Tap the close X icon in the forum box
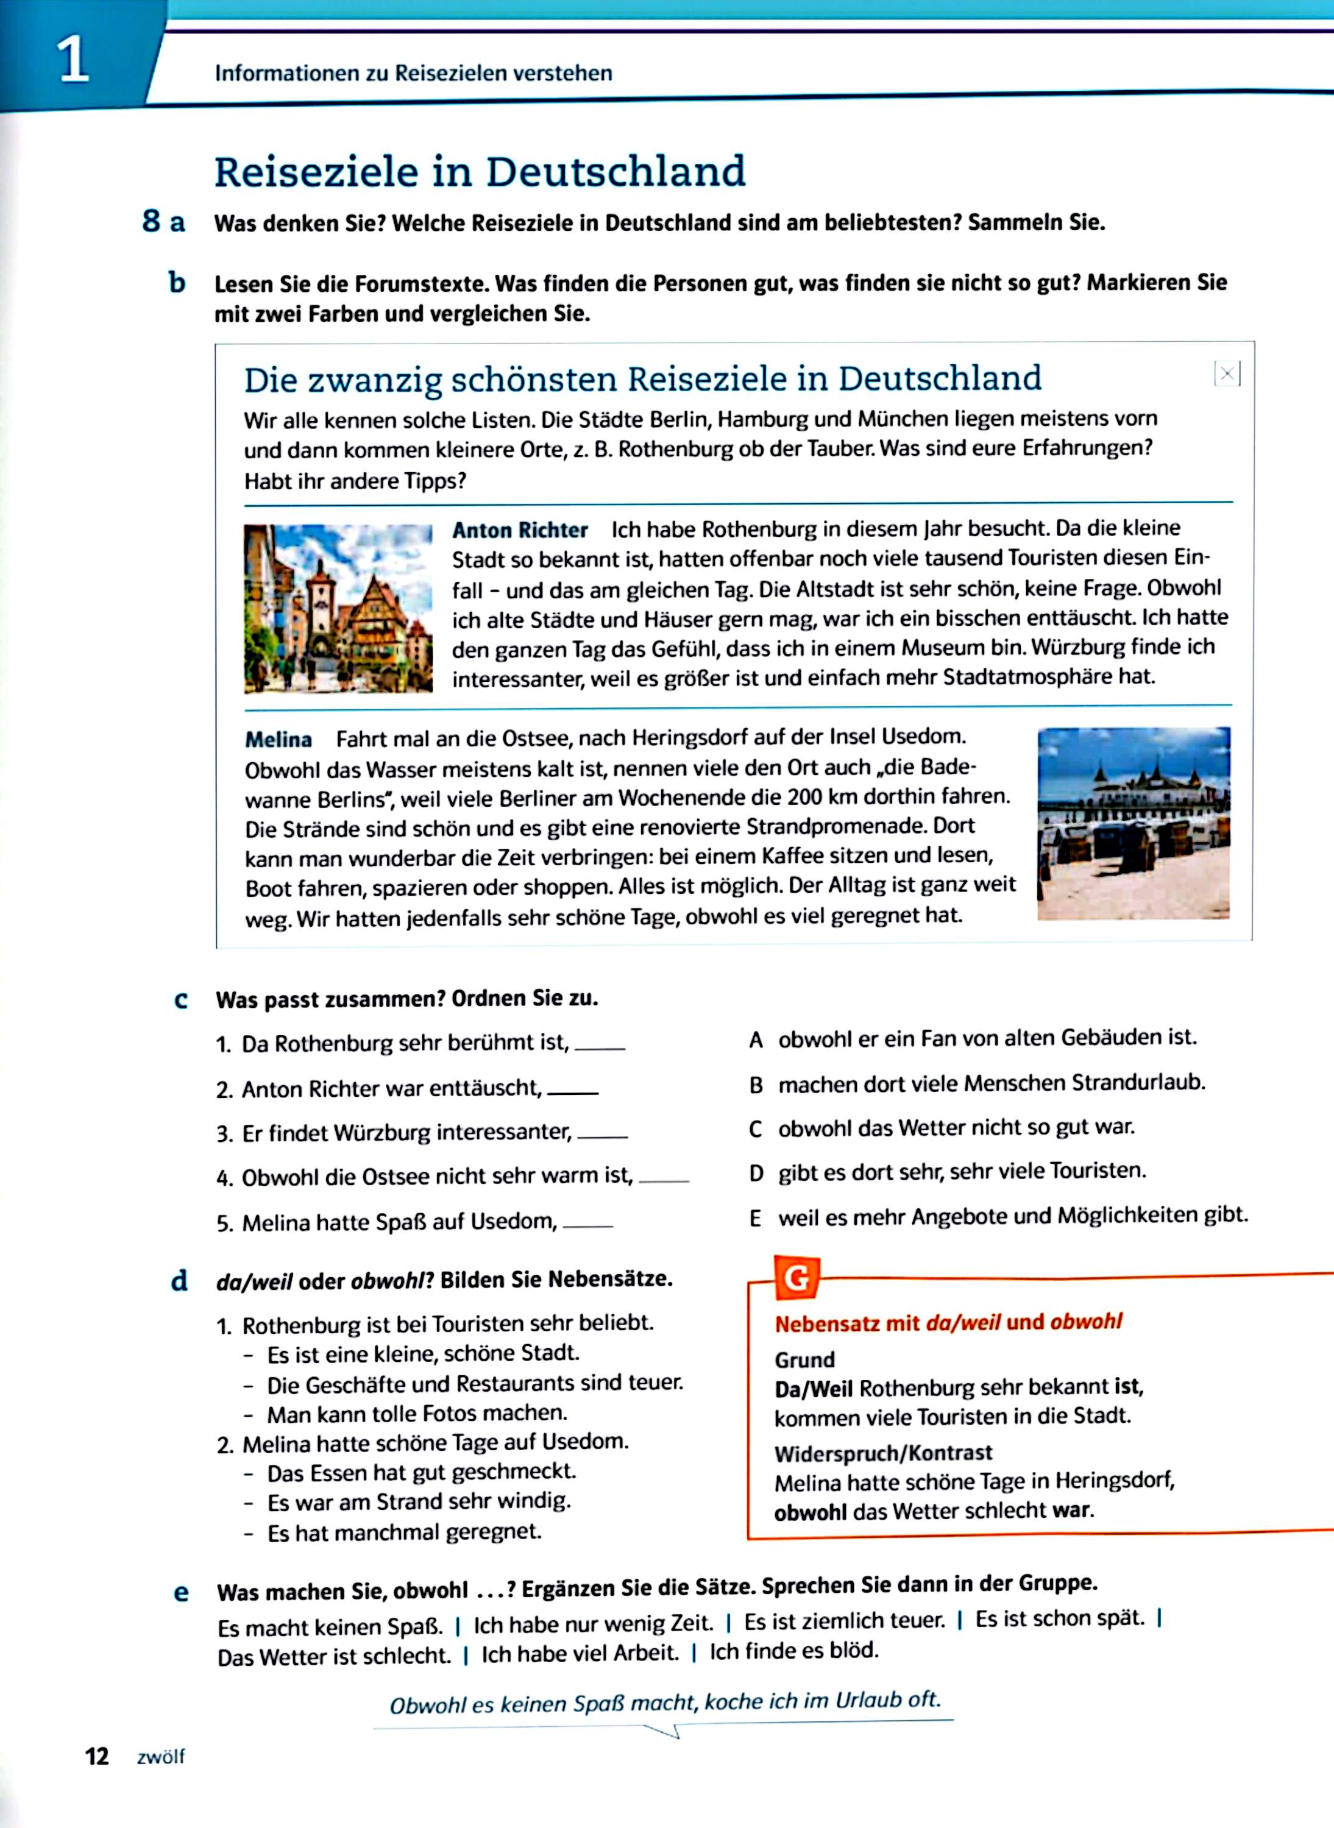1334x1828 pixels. point(1227,374)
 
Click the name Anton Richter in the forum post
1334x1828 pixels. point(519,531)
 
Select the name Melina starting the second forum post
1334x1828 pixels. point(278,740)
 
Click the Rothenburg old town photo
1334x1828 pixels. point(338,609)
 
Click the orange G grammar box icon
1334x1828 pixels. point(796,1278)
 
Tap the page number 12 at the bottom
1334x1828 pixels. point(97,1756)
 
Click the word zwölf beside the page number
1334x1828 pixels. point(161,1757)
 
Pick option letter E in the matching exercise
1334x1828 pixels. point(755,1217)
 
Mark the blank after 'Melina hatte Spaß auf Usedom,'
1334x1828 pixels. point(588,1225)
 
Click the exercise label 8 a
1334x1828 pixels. point(163,221)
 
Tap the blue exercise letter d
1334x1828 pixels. point(179,1281)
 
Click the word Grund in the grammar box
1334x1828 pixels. point(804,1359)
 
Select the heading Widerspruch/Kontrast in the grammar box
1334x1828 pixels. point(882,1453)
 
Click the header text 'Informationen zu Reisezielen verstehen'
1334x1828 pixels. point(413,74)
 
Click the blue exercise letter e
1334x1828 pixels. point(181,1592)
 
